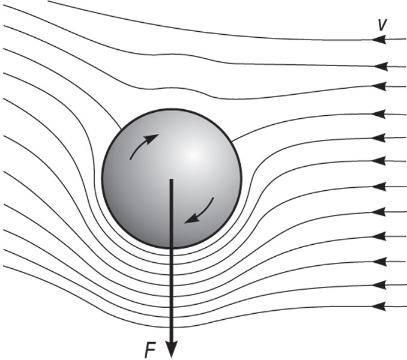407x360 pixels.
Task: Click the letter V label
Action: pos(382,25)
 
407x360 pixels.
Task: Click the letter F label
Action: pos(149,350)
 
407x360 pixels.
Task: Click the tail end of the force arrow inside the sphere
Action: pos(171,179)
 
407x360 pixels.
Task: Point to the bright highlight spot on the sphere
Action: pos(193,155)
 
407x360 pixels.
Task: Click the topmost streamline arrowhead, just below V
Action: pos(379,40)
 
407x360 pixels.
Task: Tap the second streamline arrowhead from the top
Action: pos(381,67)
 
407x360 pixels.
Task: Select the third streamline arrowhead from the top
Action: pos(379,86)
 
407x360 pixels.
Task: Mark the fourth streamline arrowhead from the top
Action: pos(378,114)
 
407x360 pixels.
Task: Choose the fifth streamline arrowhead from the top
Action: pos(378,138)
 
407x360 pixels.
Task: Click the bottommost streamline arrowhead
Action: pos(379,307)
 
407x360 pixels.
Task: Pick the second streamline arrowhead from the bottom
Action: pos(379,285)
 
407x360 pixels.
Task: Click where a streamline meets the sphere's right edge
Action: pos(232,142)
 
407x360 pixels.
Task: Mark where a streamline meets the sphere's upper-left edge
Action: pos(121,129)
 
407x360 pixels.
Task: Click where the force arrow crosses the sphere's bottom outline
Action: pos(171,247)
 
